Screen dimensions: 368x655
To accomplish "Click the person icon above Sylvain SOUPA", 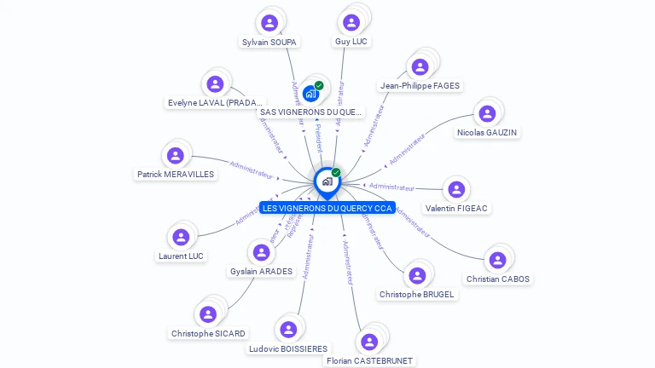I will click(x=270, y=22).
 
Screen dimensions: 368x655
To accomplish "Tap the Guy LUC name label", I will click(x=351, y=41).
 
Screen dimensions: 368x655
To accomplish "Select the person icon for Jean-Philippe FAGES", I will click(x=420, y=66).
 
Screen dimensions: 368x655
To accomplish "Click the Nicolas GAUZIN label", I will click(x=487, y=133).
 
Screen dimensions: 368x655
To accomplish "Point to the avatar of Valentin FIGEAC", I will click(x=456, y=189).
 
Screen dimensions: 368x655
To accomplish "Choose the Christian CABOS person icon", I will click(x=497, y=260).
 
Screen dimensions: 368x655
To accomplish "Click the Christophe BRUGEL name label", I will click(x=416, y=295).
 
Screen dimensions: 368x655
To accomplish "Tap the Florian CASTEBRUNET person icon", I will click(x=369, y=342).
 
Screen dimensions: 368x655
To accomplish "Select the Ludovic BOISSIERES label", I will click(x=288, y=348).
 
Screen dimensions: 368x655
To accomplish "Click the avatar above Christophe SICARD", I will click(x=208, y=314).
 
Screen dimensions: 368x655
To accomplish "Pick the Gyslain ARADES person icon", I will click(x=261, y=253).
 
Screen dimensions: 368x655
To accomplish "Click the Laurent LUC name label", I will click(x=181, y=256).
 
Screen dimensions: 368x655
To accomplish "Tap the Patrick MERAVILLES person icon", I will click(x=176, y=155).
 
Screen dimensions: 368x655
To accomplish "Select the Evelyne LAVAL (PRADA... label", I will click(x=215, y=103).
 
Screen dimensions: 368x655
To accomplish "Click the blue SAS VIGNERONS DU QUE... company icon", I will click(x=310, y=94).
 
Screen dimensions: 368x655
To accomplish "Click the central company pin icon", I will click(x=327, y=181).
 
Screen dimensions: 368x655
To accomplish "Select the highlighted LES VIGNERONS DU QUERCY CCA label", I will click(x=327, y=208).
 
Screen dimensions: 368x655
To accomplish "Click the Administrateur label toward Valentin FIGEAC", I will click(x=392, y=187).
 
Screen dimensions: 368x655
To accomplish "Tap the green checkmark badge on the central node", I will click(x=336, y=173).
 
